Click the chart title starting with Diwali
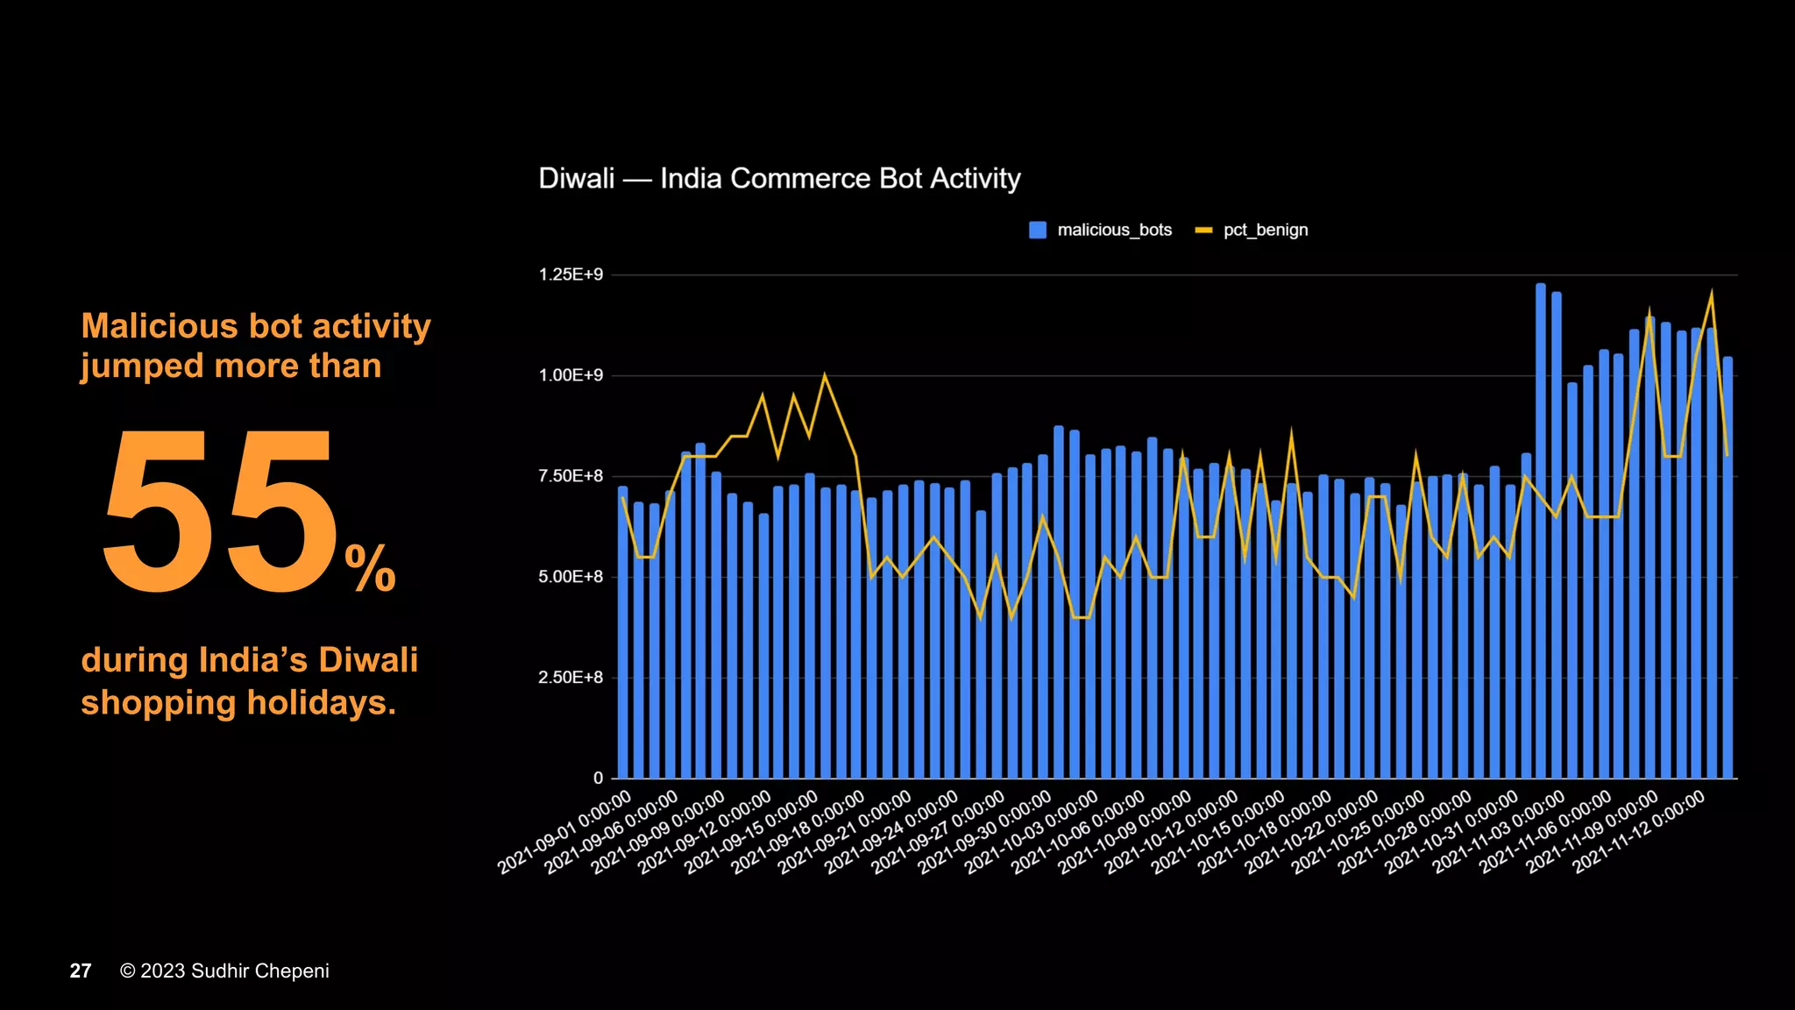tap(779, 179)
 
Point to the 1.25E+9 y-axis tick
tap(571, 274)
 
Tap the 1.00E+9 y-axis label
tap(571, 375)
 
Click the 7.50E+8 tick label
tap(571, 476)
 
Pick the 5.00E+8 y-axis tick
tap(571, 577)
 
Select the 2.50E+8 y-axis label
tap(571, 678)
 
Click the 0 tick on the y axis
tap(598, 778)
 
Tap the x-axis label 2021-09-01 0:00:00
tap(565, 832)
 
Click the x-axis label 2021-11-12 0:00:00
tap(1640, 832)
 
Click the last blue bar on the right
tap(1728, 570)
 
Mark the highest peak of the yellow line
tap(1711, 295)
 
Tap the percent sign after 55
tap(370, 568)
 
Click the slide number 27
tap(81, 971)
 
